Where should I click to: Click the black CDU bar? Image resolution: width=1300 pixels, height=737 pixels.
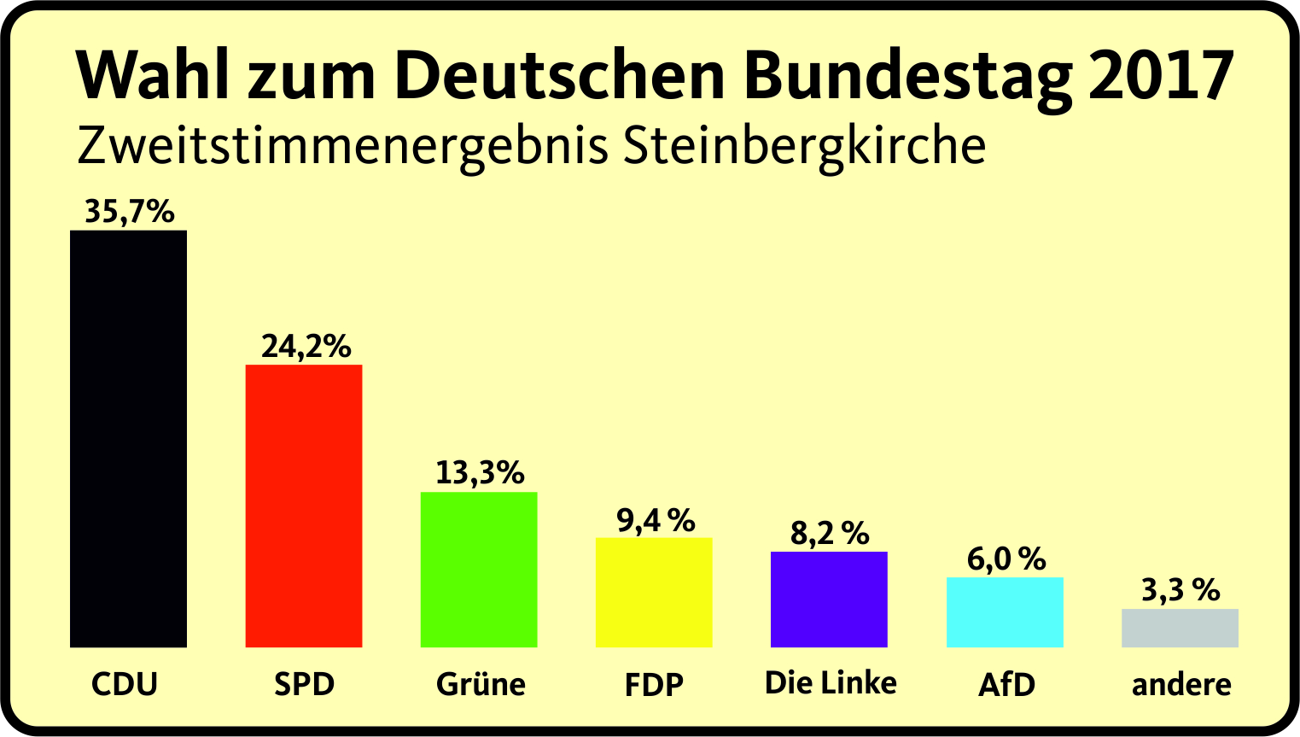click(x=128, y=438)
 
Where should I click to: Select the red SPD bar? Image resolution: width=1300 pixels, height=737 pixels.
click(x=304, y=506)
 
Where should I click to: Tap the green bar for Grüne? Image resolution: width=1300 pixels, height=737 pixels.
click(x=479, y=569)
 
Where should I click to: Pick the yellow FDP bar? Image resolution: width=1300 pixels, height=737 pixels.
click(x=654, y=592)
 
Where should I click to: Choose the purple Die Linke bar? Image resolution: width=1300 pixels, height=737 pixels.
click(x=829, y=599)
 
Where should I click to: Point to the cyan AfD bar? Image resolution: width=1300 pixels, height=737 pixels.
click(x=1005, y=611)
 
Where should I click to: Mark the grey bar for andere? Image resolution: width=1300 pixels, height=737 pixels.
click(x=1180, y=628)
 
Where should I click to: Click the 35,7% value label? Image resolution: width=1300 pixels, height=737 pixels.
click(x=130, y=211)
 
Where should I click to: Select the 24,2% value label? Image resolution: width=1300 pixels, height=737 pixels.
click(x=306, y=346)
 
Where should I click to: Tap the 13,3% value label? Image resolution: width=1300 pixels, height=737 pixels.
click(x=480, y=472)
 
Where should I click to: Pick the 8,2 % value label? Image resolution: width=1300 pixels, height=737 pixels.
click(x=830, y=534)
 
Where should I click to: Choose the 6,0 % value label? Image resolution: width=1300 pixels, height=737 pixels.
click(x=1006, y=559)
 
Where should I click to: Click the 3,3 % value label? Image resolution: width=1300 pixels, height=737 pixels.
click(x=1180, y=590)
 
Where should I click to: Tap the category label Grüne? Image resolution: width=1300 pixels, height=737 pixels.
click(x=481, y=684)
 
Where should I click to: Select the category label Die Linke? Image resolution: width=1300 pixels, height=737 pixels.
click(x=831, y=682)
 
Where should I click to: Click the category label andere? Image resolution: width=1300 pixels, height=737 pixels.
click(x=1181, y=684)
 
